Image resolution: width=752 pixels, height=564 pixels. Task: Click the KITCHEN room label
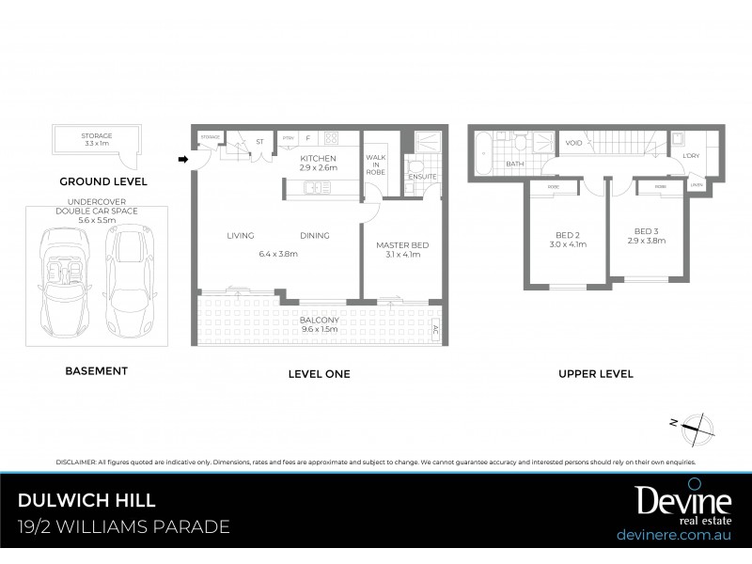tap(318, 159)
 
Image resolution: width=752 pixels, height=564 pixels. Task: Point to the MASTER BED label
tap(402, 245)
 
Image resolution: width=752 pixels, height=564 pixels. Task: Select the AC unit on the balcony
tap(433, 330)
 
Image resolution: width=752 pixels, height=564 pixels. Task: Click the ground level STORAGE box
tap(97, 141)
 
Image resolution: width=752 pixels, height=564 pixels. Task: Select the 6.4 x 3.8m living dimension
tap(277, 252)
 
